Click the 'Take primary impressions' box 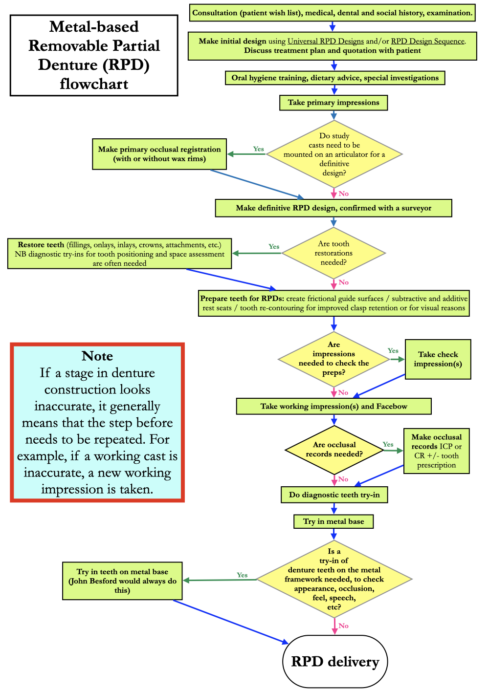(x=333, y=103)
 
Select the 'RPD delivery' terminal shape (x=335, y=662)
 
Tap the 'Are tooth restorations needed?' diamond (x=333, y=253)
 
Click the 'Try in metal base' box (x=333, y=521)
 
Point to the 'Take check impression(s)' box (x=438, y=359)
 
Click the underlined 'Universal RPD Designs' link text (x=326, y=42)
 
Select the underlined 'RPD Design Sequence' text (x=427, y=42)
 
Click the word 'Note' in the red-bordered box (x=97, y=356)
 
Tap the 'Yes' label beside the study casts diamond (x=258, y=149)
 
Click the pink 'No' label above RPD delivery (x=343, y=626)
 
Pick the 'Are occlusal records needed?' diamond (x=334, y=450)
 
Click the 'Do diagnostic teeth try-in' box (x=334, y=495)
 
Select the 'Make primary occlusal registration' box (x=159, y=154)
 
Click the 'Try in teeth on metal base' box (x=122, y=581)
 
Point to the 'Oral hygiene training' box (x=334, y=78)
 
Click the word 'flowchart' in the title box (x=94, y=84)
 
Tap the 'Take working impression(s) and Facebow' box (x=333, y=406)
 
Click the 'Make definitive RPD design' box (x=333, y=208)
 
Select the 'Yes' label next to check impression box (x=393, y=351)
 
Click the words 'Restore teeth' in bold (x=41, y=245)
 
